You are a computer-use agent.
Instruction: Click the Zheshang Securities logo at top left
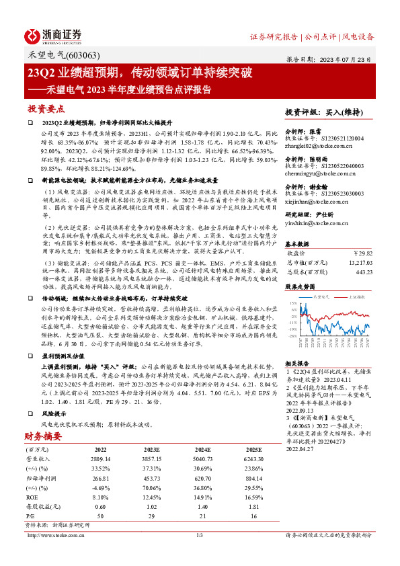pos(54,35)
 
